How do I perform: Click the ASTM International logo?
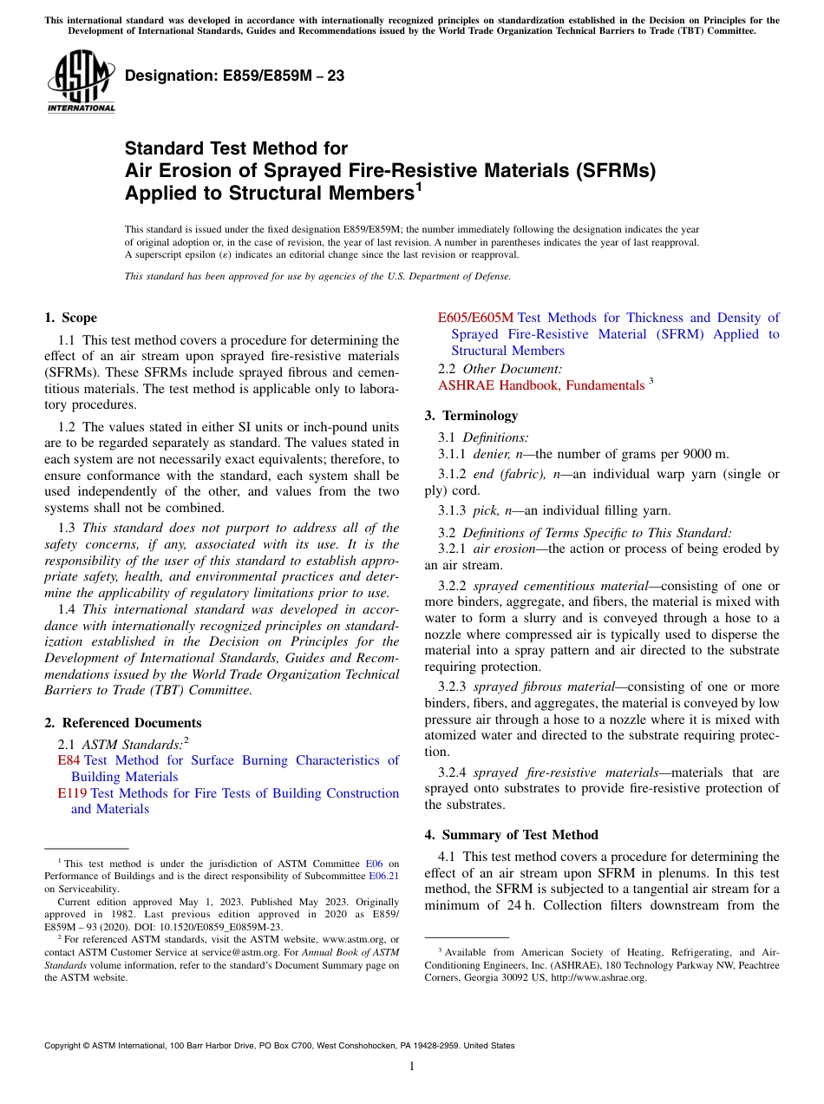pyautogui.click(x=80, y=81)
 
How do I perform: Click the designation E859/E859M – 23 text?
pyautogui.click(x=234, y=76)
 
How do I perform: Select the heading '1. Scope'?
pyautogui.click(x=70, y=318)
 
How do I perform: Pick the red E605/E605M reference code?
pyautogui.click(x=475, y=318)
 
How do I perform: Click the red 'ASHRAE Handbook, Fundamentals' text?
pyautogui.click(x=541, y=384)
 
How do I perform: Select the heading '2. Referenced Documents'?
pyautogui.click(x=122, y=723)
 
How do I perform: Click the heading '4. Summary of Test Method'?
pyautogui.click(x=511, y=835)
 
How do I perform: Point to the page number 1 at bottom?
pyautogui.click(x=412, y=1067)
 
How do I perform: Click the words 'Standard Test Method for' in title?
pyautogui.click(x=236, y=148)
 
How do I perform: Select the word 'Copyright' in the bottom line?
pyautogui.click(x=65, y=1046)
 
